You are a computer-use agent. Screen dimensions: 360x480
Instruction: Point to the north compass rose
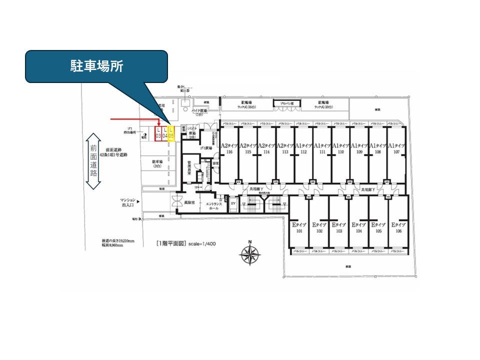click(248, 254)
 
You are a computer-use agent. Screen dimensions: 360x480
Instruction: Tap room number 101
click(299, 231)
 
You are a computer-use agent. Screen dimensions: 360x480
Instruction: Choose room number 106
click(398, 231)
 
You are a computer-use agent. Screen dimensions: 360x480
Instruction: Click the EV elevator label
click(233, 204)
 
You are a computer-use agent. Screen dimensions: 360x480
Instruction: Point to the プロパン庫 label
click(283, 103)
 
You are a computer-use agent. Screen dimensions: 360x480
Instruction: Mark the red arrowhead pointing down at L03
click(158, 123)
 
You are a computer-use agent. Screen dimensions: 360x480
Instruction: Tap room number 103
click(339, 231)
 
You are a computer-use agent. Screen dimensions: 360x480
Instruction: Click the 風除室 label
click(188, 203)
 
